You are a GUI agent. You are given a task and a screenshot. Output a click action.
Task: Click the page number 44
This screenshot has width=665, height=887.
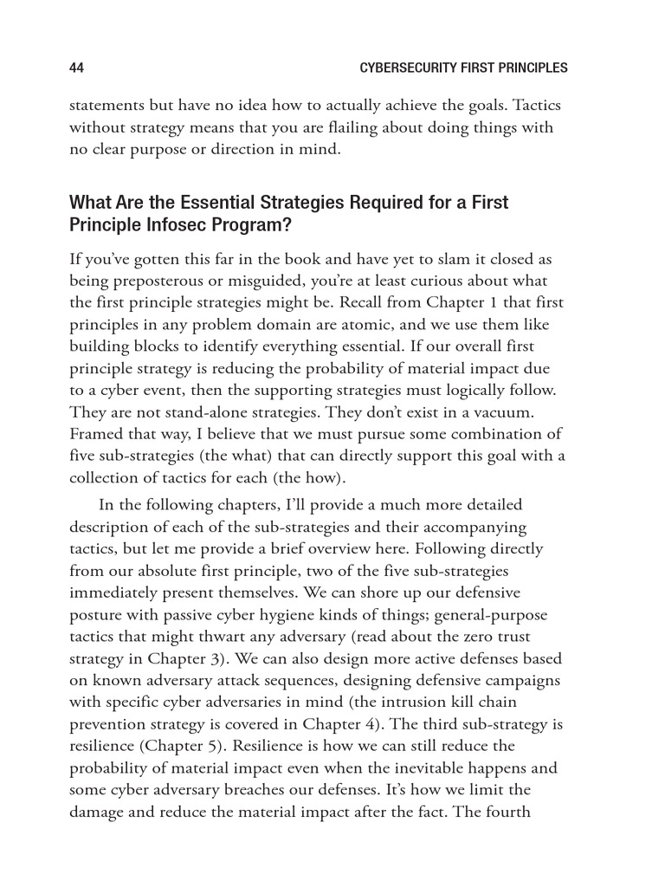point(76,68)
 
